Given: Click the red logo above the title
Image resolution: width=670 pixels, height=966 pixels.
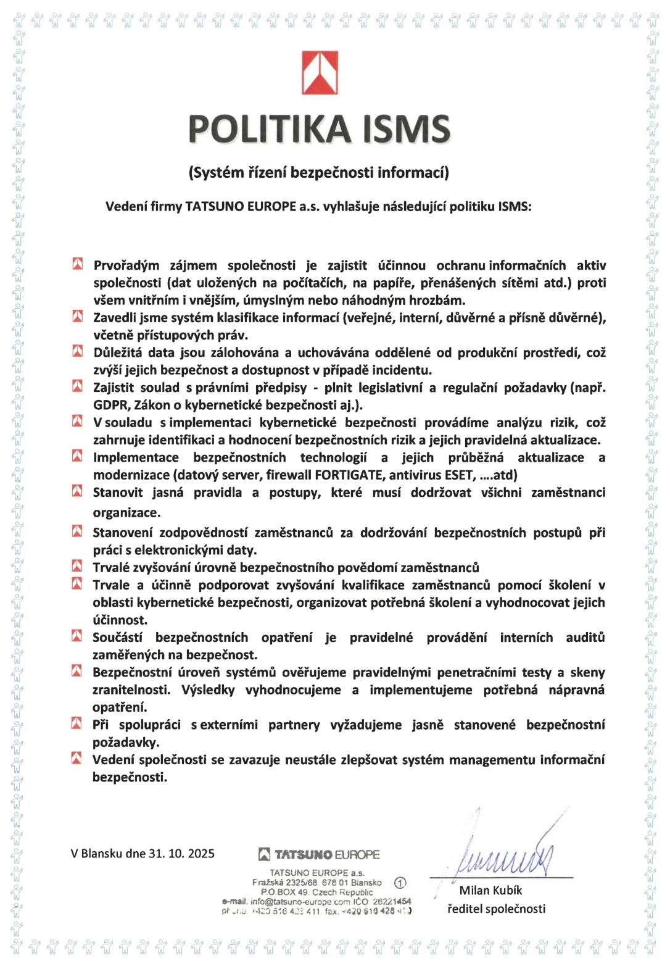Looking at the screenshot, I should coord(320,73).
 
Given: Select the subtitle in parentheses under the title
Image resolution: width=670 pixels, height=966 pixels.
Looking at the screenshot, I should coord(318,172).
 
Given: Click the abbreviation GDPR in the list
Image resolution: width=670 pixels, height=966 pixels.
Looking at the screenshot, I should coord(109,405).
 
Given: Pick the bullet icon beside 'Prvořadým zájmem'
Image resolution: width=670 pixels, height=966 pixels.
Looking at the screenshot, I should coord(78,265).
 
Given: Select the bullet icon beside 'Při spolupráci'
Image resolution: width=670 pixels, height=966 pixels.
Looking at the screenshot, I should coord(77,723).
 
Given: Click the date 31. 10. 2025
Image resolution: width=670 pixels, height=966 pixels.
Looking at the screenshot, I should coord(181,854).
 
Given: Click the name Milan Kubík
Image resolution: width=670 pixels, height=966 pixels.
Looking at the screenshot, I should coord(490,890).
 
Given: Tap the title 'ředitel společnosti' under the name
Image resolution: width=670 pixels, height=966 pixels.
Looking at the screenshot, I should coord(496,909).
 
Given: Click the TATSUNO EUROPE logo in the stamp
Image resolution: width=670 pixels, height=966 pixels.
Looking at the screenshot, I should coord(318,855).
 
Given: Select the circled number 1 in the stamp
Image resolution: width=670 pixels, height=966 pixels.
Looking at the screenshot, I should coord(399,883).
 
